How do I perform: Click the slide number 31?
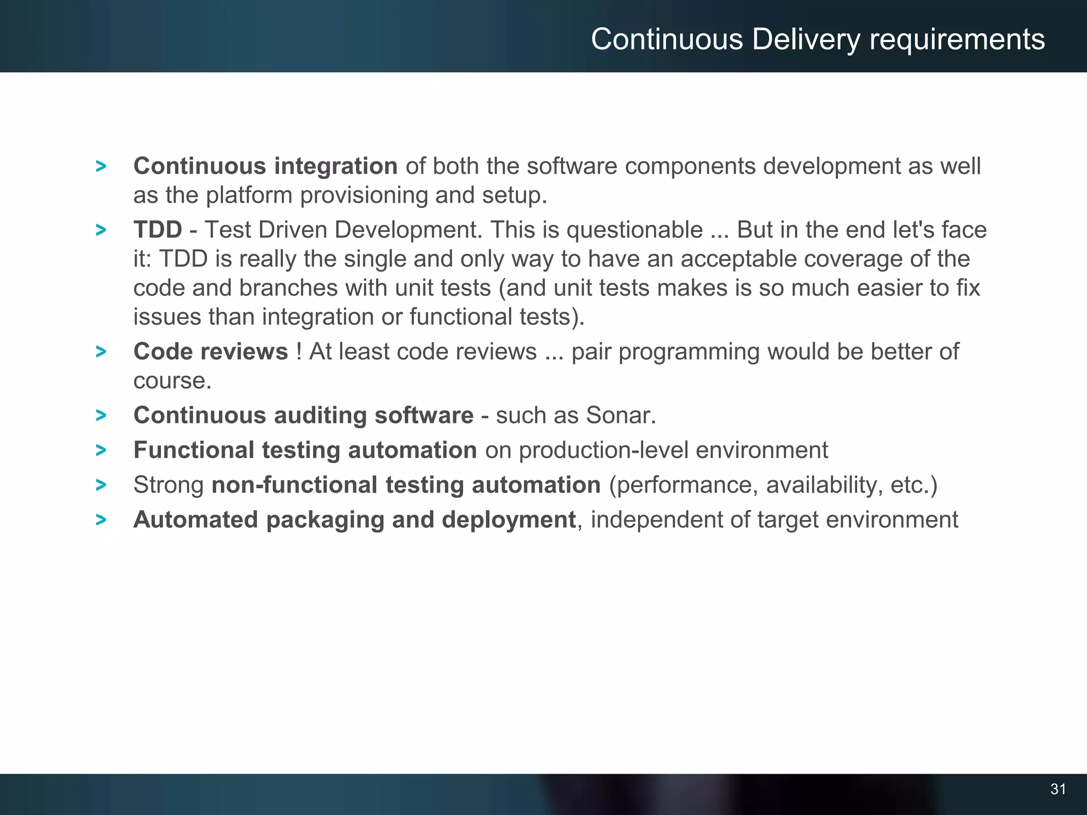[x=1058, y=789]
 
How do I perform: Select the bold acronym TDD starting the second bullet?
[x=158, y=230]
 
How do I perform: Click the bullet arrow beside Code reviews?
[x=101, y=351]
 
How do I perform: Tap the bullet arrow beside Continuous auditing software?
[x=101, y=415]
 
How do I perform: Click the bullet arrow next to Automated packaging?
[x=101, y=520]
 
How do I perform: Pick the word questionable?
[x=635, y=230]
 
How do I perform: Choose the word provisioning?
[x=364, y=196]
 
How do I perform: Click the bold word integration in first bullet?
[x=335, y=167]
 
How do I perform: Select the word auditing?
[x=320, y=415]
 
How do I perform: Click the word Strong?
[x=168, y=485]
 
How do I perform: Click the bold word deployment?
[x=508, y=520]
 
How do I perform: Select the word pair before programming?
[x=591, y=352]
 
